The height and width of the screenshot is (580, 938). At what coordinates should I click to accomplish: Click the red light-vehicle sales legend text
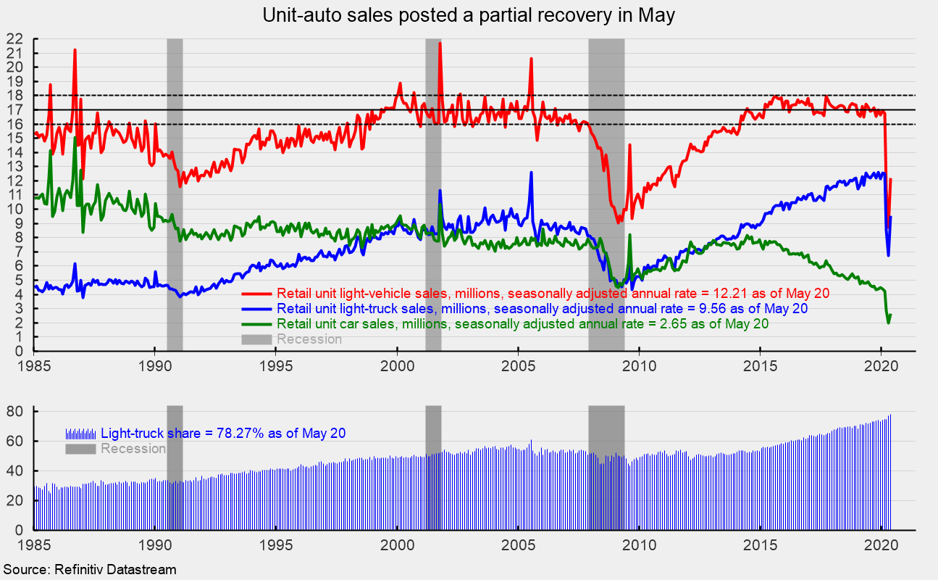pos(553,294)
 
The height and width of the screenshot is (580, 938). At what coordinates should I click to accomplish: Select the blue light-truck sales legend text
pos(542,309)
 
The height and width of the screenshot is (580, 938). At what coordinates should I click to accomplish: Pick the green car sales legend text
pos(522,324)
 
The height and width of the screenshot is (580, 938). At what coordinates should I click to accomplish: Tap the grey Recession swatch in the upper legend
pos(257,339)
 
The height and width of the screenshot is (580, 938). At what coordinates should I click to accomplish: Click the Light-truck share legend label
pos(223,434)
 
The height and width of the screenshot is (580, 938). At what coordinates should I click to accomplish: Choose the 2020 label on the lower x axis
pos(881,544)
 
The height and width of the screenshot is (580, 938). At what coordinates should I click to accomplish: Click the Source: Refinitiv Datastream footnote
pos(90,570)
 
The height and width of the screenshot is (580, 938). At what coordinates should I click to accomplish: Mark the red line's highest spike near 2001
pos(440,43)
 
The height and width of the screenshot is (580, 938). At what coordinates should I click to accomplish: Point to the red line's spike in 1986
pos(75,50)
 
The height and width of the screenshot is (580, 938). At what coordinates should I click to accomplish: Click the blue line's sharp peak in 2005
pos(531,173)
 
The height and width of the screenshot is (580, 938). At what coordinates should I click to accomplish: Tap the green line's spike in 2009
pos(630,235)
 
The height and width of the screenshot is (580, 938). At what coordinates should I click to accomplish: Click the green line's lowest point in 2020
pos(889,323)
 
